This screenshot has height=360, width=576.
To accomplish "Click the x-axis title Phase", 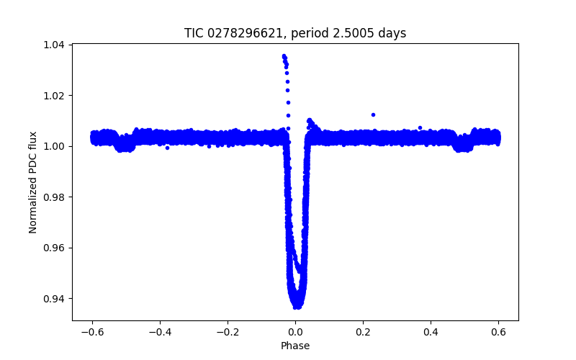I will (295, 346).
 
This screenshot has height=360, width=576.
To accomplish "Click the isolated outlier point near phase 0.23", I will (373, 114).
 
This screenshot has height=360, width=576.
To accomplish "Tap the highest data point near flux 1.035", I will (284, 55).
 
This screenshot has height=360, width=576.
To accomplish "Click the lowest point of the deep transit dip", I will (296, 307).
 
